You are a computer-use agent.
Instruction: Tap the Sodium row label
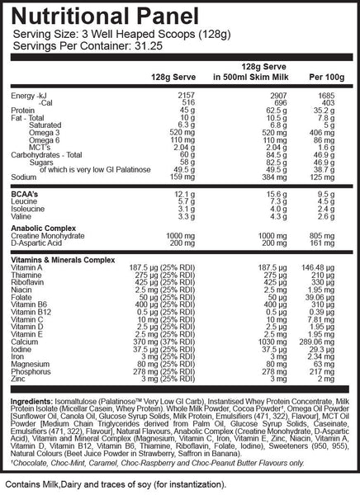(21, 176)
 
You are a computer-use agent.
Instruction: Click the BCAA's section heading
(26, 193)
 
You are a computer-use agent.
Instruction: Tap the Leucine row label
(23, 200)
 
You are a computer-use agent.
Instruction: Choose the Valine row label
(21, 215)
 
